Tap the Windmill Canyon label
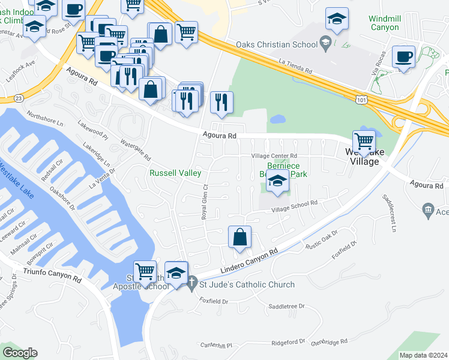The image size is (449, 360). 384,23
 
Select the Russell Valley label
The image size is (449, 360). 175,173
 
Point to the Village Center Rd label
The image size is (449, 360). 274,156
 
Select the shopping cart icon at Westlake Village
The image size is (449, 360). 364,141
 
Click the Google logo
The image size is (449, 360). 20,353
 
